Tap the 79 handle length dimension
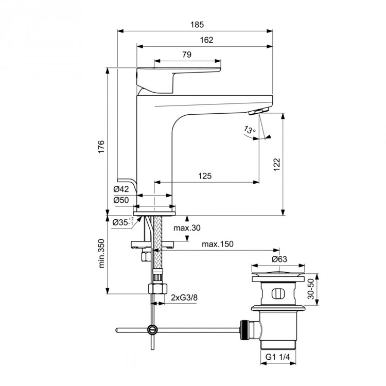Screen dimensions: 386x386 187,55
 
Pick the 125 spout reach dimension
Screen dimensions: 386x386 205,176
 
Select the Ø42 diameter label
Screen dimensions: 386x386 121,189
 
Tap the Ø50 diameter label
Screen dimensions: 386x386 121,200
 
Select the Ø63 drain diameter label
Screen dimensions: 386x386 278,259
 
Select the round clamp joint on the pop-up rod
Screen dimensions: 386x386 152,329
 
